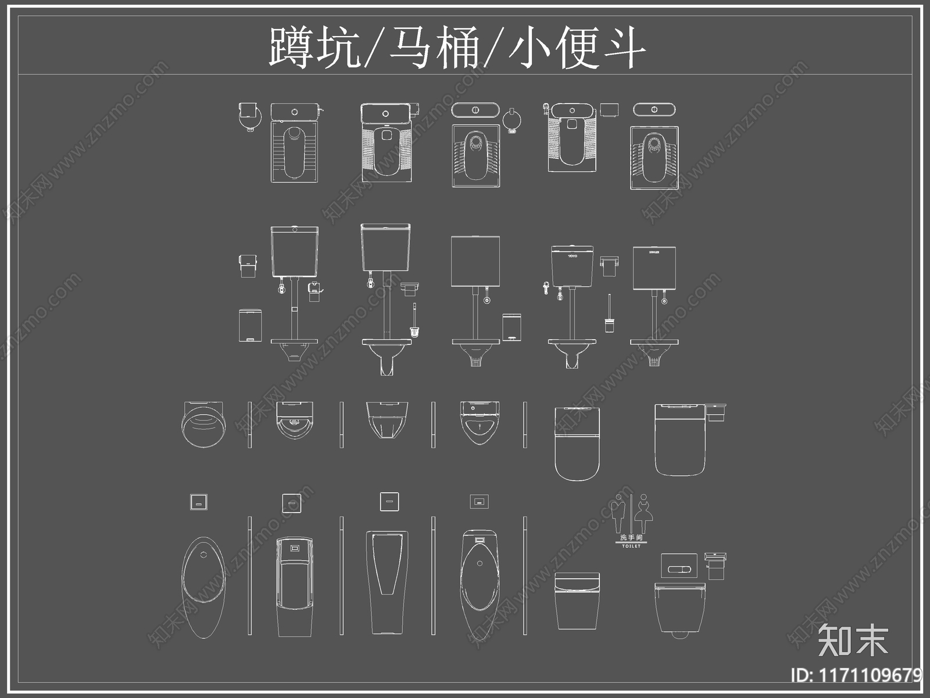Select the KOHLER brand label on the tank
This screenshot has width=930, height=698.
pyautogui.click(x=654, y=252)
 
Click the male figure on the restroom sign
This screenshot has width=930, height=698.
pyautogui.click(x=620, y=513)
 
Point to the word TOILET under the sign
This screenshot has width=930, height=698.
pyautogui.click(x=631, y=546)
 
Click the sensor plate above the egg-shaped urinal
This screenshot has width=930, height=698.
pyautogui.click(x=199, y=502)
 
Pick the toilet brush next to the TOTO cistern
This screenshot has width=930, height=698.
pyautogui.click(x=609, y=314)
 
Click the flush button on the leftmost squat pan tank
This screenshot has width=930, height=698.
pyautogui.click(x=295, y=111)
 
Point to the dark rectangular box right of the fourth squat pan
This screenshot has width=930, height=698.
pyautogui.click(x=609, y=109)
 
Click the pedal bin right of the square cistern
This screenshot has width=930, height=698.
pyautogui.click(x=512, y=327)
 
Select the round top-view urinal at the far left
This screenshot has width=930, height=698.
pyautogui.click(x=202, y=425)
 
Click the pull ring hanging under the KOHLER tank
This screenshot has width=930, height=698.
pyautogui.click(x=664, y=301)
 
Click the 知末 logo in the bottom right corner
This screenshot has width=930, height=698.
pyautogui.click(x=853, y=640)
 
